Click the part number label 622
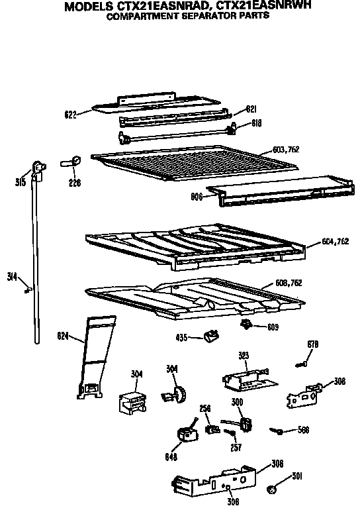pos(70,115)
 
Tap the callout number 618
pos(257,123)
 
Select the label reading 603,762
pos(286,150)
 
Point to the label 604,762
pos(336,241)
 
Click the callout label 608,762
pos(289,283)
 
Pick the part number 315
pos(21,182)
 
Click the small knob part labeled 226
pos(71,162)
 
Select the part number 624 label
pos(63,336)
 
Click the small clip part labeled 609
pos(246,325)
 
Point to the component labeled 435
pos(212,336)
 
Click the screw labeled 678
pos(301,364)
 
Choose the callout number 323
pos(244,356)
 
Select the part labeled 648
pos(187,433)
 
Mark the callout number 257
pos(236,447)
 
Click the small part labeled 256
pos(213,429)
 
